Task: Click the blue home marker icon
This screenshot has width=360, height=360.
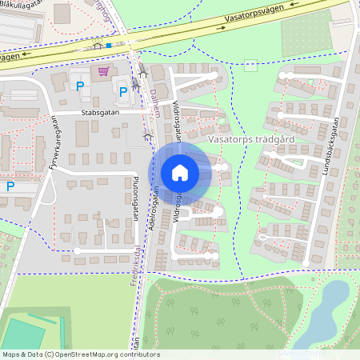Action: coord(180,172)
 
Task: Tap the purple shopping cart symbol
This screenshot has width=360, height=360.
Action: coord(103,72)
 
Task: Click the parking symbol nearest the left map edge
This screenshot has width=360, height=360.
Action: coord(10,186)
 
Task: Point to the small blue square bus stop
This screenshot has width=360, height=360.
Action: coord(109,46)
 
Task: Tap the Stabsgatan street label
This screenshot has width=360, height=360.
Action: coord(99,113)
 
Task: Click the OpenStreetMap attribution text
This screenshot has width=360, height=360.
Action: coord(80,354)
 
